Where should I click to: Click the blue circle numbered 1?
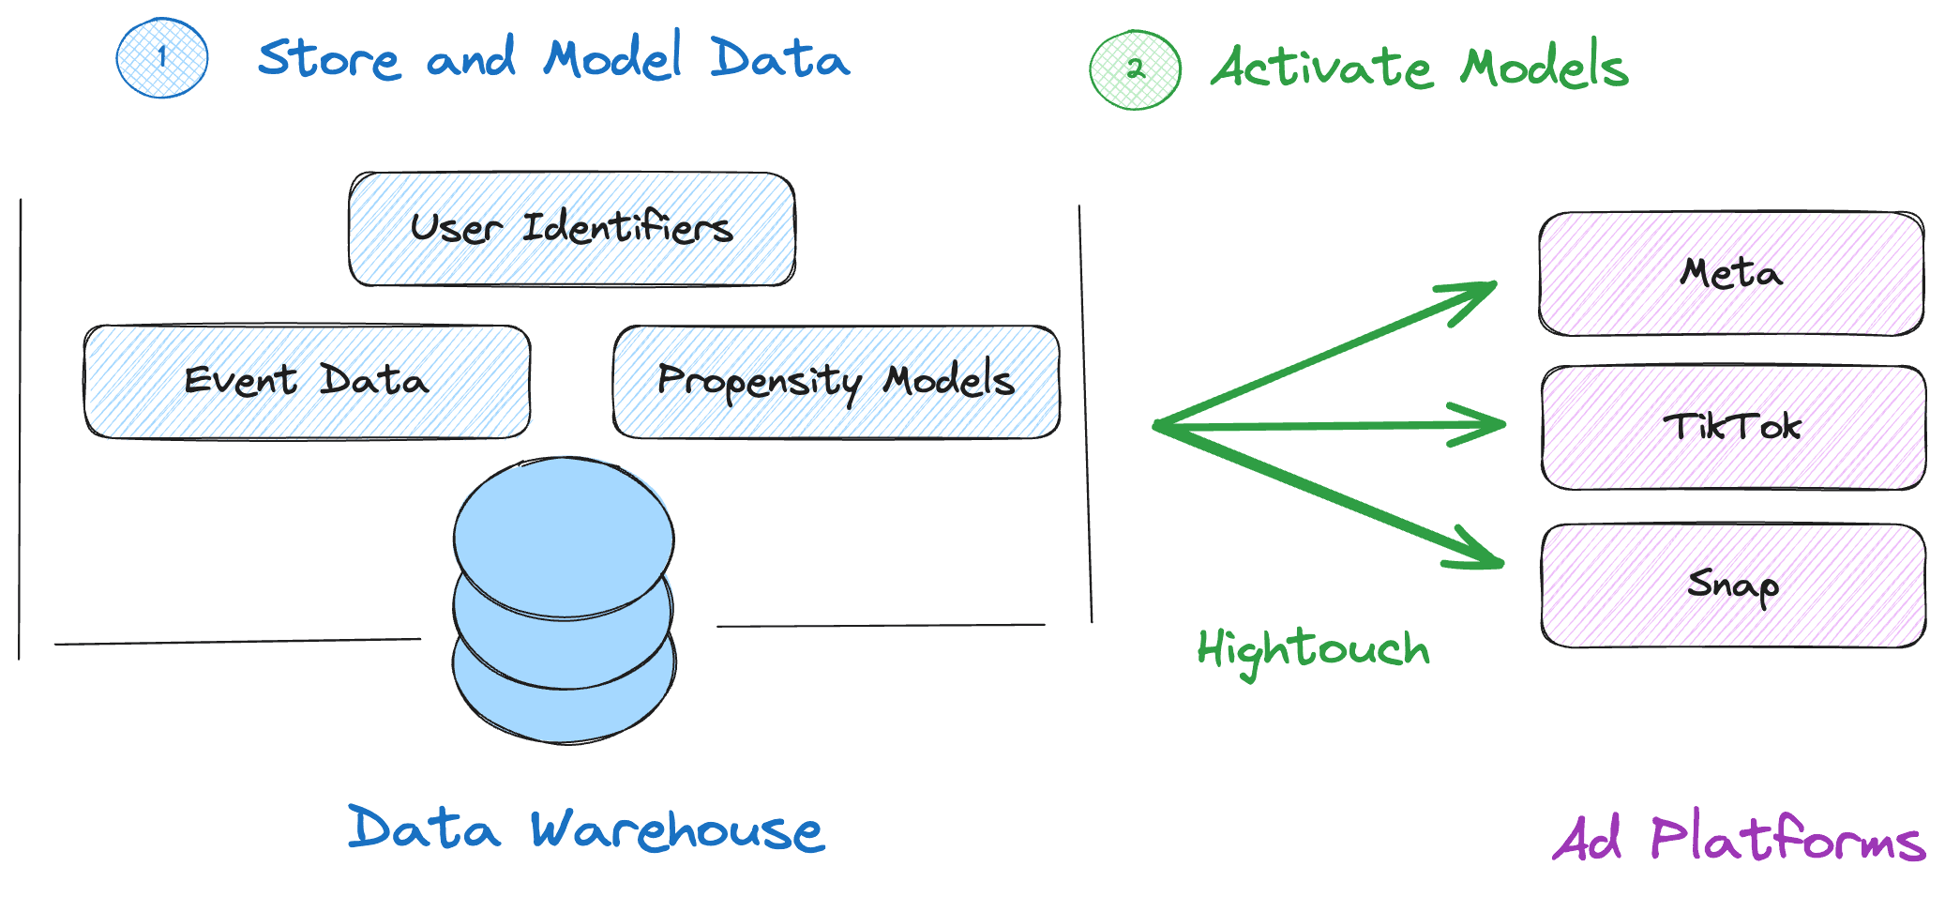[x=162, y=58]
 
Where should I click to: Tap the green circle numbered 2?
[x=1135, y=69]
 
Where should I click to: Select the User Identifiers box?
[x=572, y=229]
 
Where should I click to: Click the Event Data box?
[x=307, y=382]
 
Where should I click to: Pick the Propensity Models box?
[x=836, y=382]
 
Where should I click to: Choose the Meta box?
[x=1731, y=274]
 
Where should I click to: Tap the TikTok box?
[x=1733, y=428]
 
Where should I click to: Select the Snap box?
[x=1733, y=585]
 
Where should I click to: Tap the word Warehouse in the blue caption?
[x=677, y=831]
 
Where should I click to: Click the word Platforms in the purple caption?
[x=1787, y=839]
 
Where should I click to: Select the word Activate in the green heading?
[x=1322, y=68]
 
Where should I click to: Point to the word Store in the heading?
[x=328, y=60]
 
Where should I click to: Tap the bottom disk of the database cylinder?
[x=563, y=713]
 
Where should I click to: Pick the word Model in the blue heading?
[x=612, y=58]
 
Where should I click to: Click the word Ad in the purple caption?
[x=1588, y=839]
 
